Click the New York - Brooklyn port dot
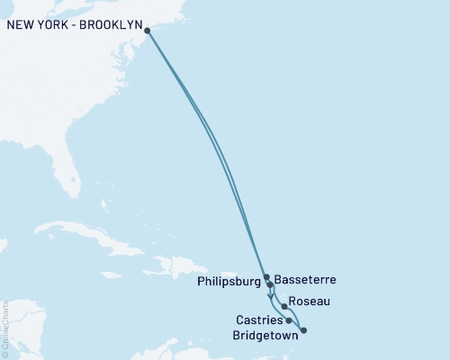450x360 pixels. pos(147,31)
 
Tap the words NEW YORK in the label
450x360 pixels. pos(40,26)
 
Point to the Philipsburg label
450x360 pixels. pos(228,281)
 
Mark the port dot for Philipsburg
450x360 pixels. pos(266,277)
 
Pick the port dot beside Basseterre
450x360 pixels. pos(270,284)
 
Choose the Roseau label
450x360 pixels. pos(310,303)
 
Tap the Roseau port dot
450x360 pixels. pos(284,307)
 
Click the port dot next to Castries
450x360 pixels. pos(288,319)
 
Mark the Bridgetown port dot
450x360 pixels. pos(303,330)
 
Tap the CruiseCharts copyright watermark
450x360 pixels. pos(5,328)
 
